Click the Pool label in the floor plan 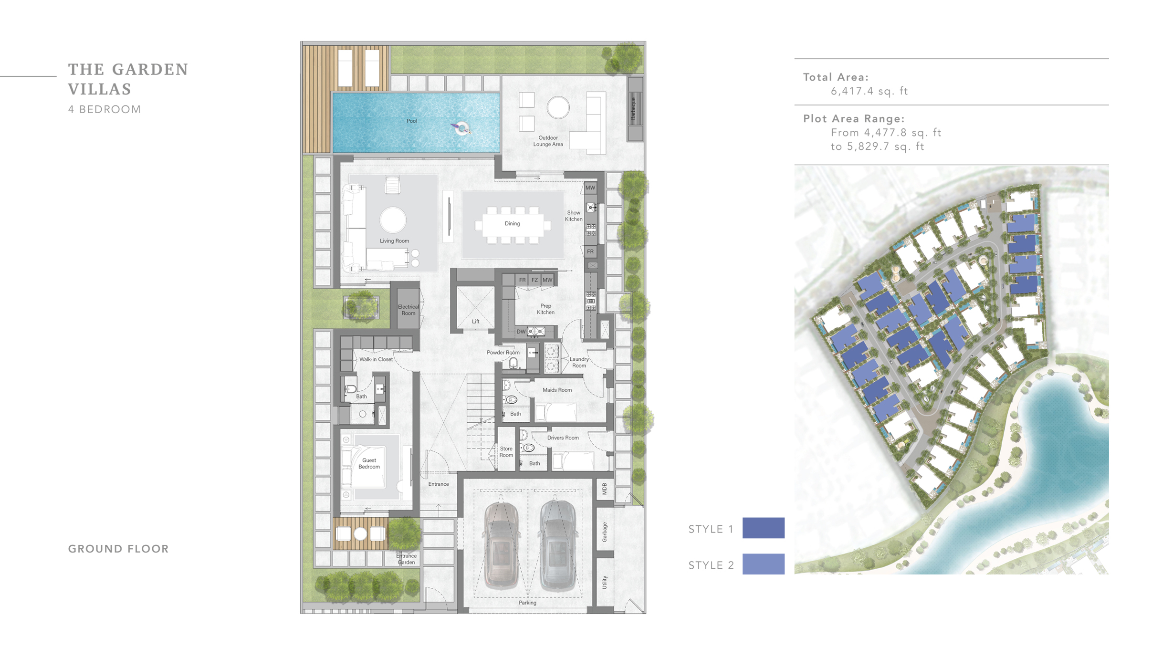411,121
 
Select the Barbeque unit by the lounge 635,109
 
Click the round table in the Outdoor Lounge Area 558,107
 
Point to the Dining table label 512,224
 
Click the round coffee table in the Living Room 393,220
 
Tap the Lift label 475,322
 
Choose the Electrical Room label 408,310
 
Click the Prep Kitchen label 545,309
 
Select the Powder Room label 503,353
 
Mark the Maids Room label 557,390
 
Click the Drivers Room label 563,438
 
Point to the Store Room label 506,452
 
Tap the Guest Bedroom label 369,464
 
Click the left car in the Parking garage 501,546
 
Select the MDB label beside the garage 605,489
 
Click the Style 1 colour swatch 763,528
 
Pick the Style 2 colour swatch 763,564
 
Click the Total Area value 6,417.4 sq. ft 869,92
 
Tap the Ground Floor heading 118,549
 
